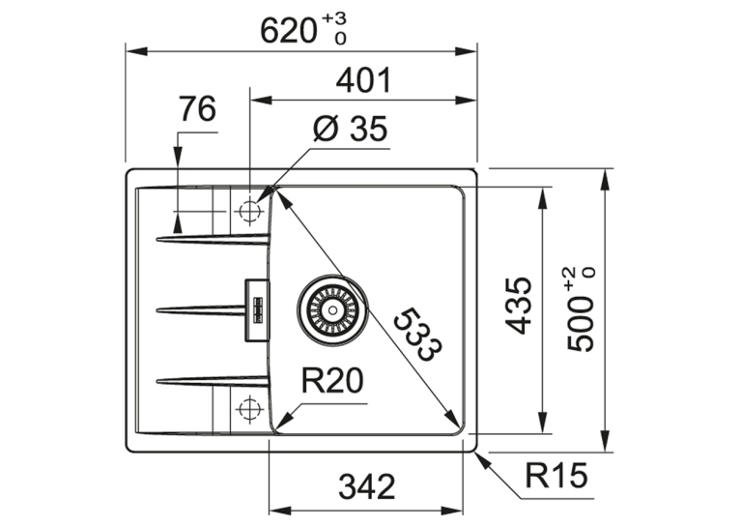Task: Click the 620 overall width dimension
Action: tap(288, 32)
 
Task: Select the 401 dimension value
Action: tap(363, 81)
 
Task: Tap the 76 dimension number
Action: tap(197, 109)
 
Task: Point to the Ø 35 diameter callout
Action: tap(350, 129)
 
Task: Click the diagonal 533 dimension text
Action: tap(418, 334)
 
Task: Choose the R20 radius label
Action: tap(332, 381)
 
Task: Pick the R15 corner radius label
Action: tap(556, 475)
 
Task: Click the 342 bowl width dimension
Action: tap(367, 486)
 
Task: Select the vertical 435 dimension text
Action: tap(518, 306)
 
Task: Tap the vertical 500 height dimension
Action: tap(580, 324)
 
